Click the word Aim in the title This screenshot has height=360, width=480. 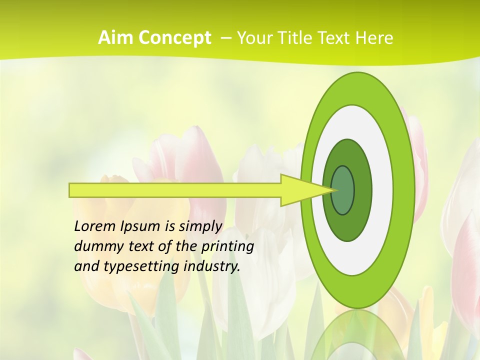115,38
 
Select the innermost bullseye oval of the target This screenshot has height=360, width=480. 342,190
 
